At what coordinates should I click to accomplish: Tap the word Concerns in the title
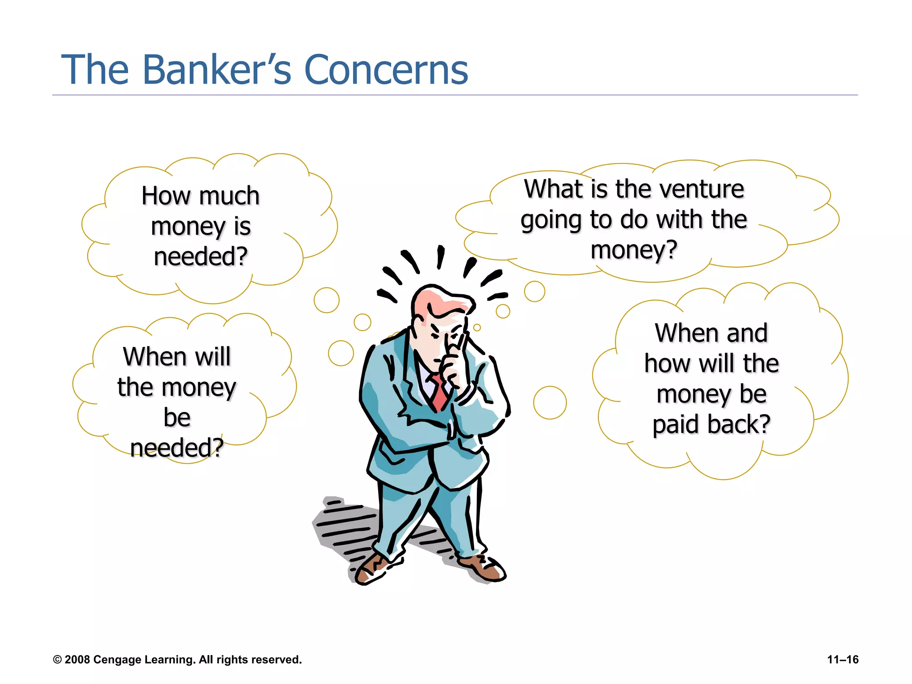coord(386,69)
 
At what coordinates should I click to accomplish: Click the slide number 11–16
coord(843,660)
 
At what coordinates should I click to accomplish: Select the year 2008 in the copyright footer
coord(77,660)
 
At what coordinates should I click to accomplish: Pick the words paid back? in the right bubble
coord(711,424)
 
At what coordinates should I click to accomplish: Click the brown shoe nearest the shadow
coord(372,569)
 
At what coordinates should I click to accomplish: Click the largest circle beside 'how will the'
coord(550,403)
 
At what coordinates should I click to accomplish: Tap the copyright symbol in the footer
coord(57,660)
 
